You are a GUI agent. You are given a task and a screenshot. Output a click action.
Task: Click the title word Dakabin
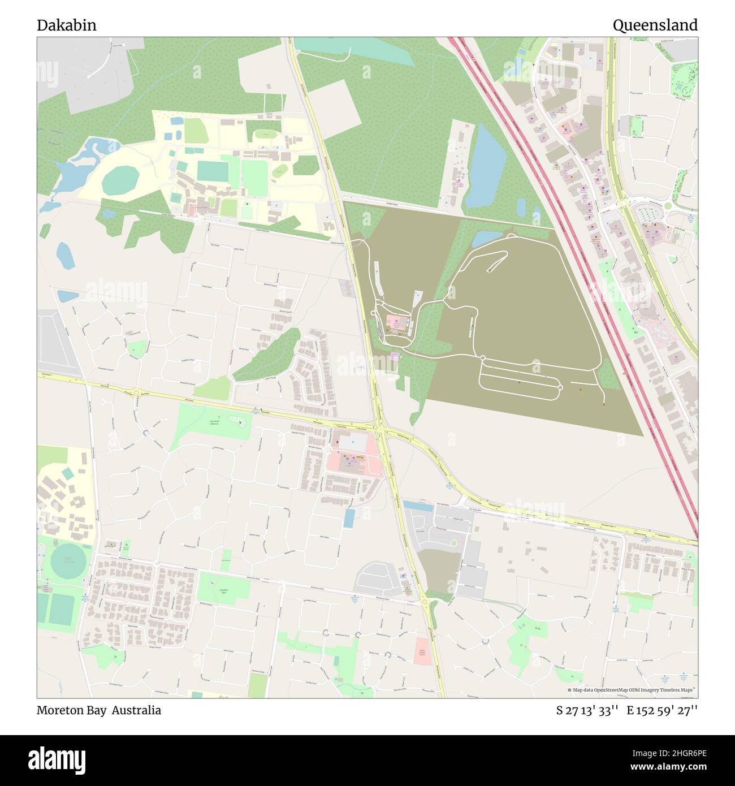pos(66,25)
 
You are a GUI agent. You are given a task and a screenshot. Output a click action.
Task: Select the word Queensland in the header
pos(655,25)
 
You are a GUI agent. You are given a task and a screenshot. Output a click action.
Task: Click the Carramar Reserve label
pos(214,422)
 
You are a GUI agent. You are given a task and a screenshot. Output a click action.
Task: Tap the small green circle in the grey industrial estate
pos(453,543)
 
